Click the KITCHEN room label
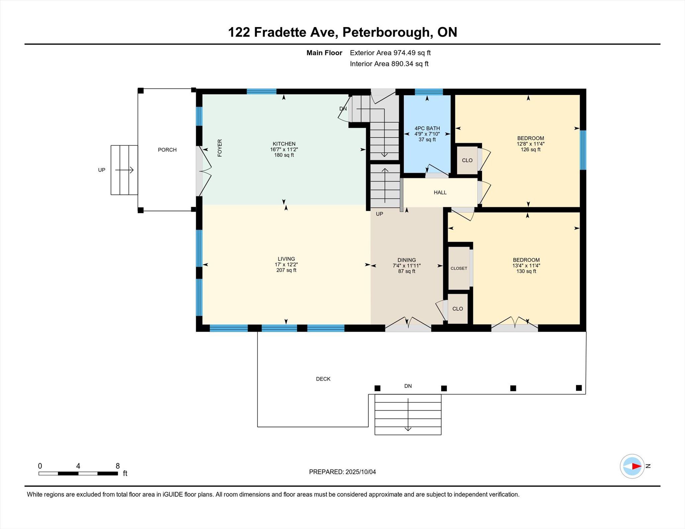[284, 144]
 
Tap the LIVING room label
[286, 259]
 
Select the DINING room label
[407, 260]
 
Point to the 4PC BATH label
[427, 128]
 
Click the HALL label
[440, 192]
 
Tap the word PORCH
[167, 150]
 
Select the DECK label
[323, 379]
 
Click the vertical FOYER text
[220, 148]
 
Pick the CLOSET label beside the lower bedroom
[459, 268]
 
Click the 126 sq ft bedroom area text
[530, 150]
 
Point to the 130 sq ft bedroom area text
[526, 271]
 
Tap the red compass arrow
[636, 466]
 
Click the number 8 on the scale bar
[118, 466]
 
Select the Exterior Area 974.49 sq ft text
[390, 53]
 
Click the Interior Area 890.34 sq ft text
[389, 64]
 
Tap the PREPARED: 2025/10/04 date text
[342, 472]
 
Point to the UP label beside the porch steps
[102, 170]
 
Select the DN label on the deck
[408, 386]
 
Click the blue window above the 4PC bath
[429, 92]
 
